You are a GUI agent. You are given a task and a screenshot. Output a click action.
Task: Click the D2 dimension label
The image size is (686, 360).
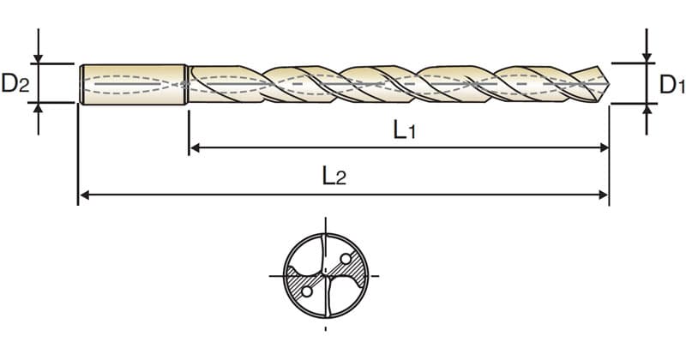click(x=15, y=83)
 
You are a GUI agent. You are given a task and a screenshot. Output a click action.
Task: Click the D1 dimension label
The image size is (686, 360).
click(x=672, y=84)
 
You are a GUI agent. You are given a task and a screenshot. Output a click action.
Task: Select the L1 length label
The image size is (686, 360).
click(x=404, y=130)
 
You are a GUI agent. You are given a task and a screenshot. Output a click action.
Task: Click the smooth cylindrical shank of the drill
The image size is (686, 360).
click(x=133, y=84)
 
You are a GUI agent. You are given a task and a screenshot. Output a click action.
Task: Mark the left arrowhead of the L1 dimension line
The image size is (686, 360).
click(x=196, y=147)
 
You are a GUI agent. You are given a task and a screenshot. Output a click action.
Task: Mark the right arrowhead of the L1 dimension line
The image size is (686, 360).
click(x=605, y=147)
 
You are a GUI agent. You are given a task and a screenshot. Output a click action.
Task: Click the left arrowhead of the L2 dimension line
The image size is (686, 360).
click(x=84, y=195)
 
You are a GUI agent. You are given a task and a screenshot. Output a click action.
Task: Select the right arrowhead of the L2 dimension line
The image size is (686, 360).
click(x=604, y=195)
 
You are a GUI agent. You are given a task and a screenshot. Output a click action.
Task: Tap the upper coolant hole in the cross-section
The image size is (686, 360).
click(x=346, y=259)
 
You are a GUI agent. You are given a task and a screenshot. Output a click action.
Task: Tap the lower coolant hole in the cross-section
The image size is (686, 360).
click(x=307, y=291)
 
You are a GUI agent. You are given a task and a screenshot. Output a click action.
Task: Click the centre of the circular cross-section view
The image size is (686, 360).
click(x=326, y=276)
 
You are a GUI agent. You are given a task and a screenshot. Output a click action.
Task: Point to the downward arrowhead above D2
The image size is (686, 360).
click(x=39, y=58)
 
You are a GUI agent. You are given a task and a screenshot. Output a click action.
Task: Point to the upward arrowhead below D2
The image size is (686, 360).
click(x=39, y=108)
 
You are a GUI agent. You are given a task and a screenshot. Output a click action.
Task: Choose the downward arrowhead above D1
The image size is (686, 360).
click(x=647, y=57)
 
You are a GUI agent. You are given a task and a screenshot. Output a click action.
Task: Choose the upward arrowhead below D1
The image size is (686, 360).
click(x=647, y=109)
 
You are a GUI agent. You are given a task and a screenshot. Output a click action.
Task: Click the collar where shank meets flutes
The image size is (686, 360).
click(x=187, y=84)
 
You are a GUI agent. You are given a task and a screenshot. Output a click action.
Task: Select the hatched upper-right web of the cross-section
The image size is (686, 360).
click(x=350, y=269)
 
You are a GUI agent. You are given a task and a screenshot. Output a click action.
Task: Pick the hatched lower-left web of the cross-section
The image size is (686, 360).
click(x=302, y=285)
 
